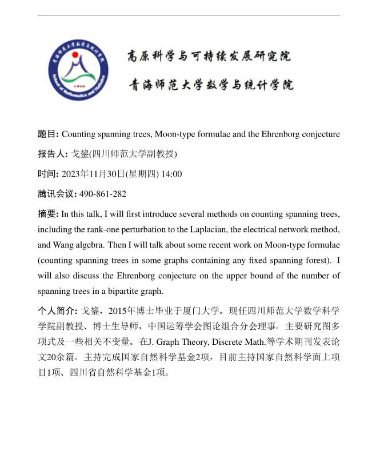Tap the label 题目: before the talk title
pyautogui.click(x=48, y=134)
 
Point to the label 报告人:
pyautogui.click(x=52, y=154)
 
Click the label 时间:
pyautogui.click(x=48, y=174)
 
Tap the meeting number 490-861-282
pyautogui.click(x=103, y=194)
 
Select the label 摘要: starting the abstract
pyautogui.click(x=48, y=214)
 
